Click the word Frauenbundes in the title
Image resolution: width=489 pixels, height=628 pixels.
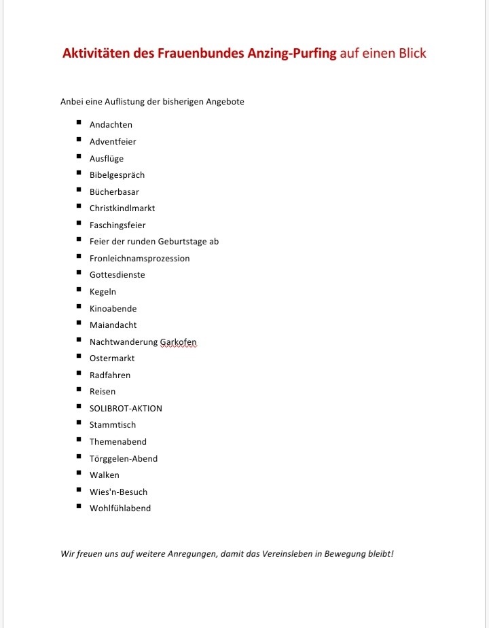click(x=200, y=54)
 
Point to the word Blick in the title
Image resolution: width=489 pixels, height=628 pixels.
click(x=410, y=54)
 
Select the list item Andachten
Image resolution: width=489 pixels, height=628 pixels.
click(x=111, y=125)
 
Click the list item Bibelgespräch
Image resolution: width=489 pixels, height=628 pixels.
click(x=117, y=175)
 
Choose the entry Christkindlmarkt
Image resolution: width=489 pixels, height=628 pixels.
click(x=122, y=208)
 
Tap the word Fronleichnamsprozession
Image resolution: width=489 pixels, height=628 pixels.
click(x=139, y=259)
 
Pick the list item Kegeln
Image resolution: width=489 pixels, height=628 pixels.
click(x=103, y=292)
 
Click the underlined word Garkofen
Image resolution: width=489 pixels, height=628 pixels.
click(x=179, y=342)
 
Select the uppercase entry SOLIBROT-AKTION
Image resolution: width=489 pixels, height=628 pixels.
click(x=126, y=409)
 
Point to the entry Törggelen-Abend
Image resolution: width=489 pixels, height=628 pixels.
click(x=124, y=459)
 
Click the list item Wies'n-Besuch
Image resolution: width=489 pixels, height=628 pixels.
click(x=118, y=492)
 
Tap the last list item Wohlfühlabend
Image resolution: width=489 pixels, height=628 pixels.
click(x=120, y=509)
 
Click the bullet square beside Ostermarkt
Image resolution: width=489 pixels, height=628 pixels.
click(x=79, y=356)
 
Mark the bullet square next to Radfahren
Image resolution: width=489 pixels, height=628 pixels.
click(x=79, y=373)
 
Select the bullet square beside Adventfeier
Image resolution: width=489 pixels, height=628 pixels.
click(x=79, y=140)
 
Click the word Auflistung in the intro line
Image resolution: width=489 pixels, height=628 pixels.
click(x=126, y=102)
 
